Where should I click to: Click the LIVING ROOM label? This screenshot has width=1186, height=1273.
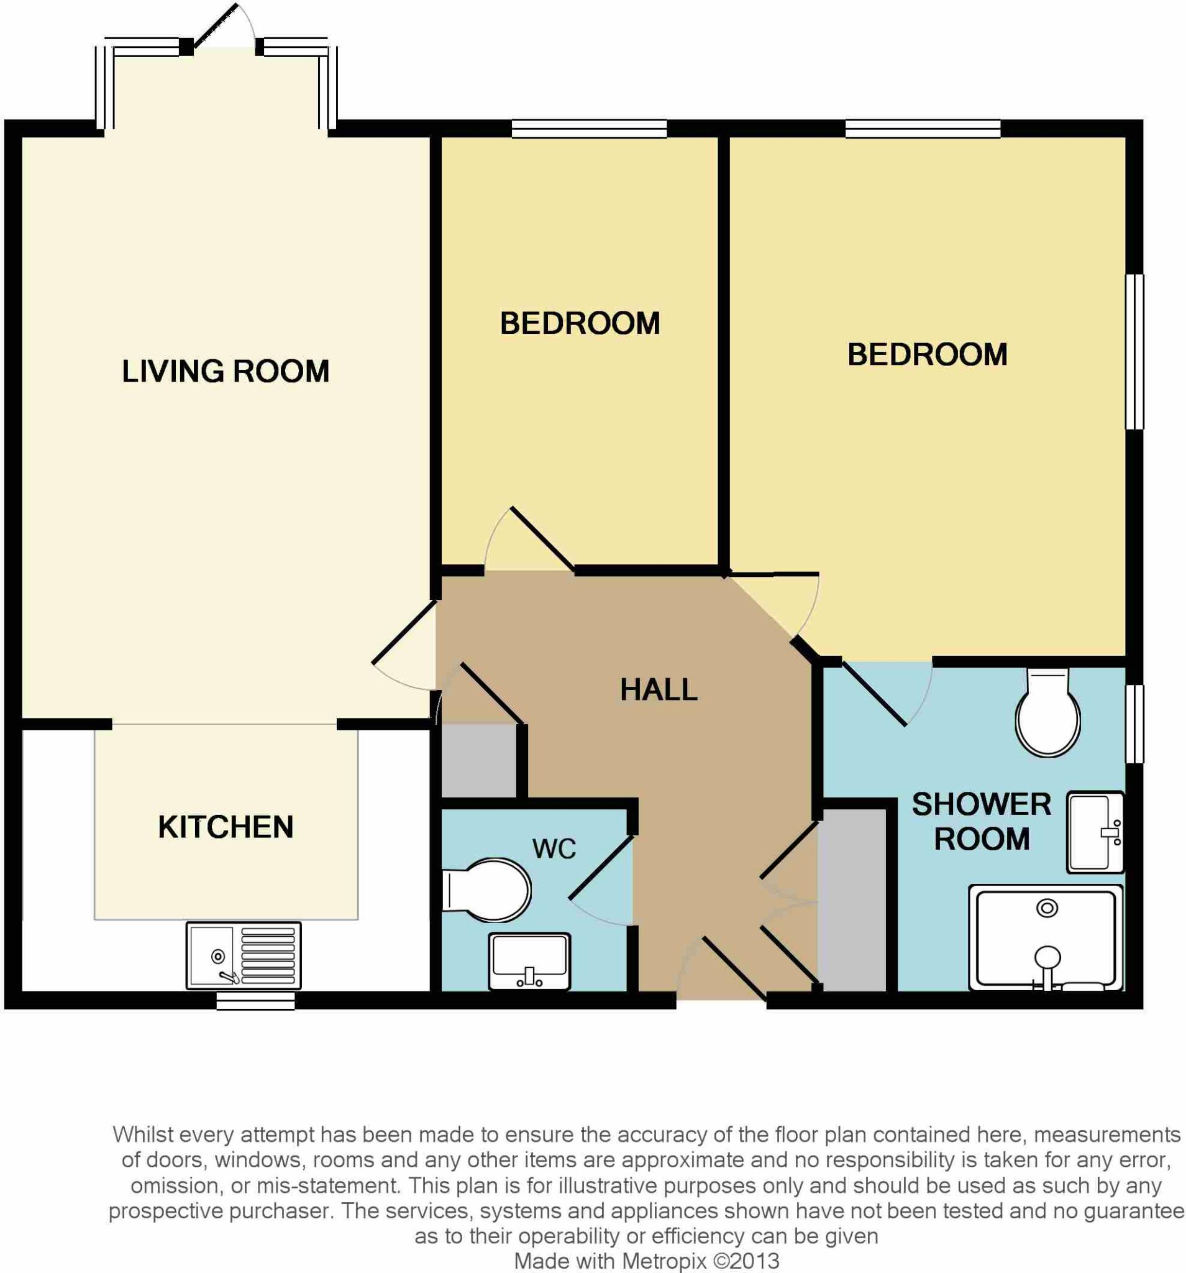[226, 372]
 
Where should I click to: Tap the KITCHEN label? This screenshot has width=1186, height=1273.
[226, 827]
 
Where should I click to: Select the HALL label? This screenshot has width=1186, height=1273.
[658, 690]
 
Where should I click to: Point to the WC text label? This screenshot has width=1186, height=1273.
[554, 849]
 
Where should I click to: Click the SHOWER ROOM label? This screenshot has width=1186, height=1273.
[981, 822]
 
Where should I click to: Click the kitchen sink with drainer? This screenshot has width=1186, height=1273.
[243, 956]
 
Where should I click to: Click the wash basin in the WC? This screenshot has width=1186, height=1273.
[529, 961]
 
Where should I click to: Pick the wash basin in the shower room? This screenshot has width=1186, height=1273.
[1095, 832]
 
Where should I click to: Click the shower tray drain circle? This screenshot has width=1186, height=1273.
[1047, 908]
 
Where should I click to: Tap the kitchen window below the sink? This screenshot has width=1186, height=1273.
[255, 1000]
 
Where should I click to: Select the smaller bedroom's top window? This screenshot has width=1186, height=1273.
[589, 129]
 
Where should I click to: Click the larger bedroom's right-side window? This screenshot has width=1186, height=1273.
[1134, 352]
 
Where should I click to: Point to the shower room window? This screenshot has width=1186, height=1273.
[1134, 724]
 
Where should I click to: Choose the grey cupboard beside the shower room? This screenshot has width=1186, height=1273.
[854, 899]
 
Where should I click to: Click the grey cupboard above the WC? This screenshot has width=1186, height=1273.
[479, 761]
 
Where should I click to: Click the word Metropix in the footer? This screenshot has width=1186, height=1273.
[664, 1261]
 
